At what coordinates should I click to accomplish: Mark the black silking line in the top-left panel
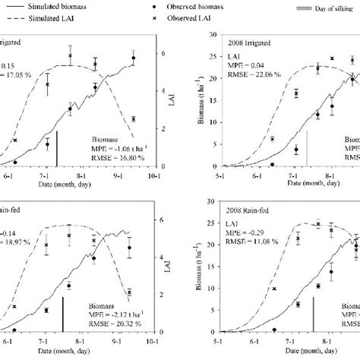[x=58, y=150]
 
